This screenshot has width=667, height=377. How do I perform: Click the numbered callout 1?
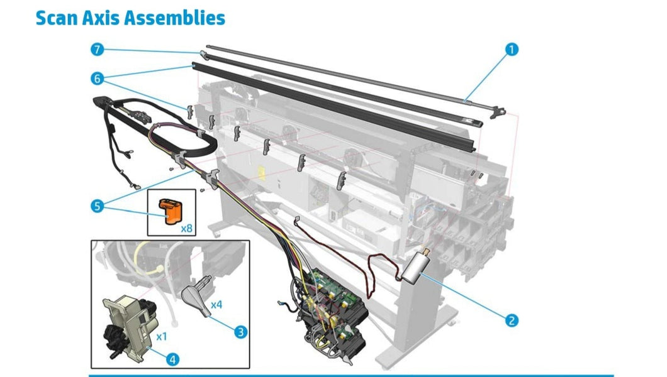point(512,49)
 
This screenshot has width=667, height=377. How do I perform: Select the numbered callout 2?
point(512,320)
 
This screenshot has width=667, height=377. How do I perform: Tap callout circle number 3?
point(240,331)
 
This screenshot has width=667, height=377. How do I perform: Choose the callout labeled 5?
point(96,205)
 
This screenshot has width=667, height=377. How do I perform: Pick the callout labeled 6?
point(96,79)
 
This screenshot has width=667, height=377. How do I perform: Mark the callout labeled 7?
point(96,48)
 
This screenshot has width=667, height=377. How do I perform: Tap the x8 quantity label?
point(187,228)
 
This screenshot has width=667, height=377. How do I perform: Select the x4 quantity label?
point(216,305)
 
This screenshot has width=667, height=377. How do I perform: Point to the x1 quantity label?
point(161,336)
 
